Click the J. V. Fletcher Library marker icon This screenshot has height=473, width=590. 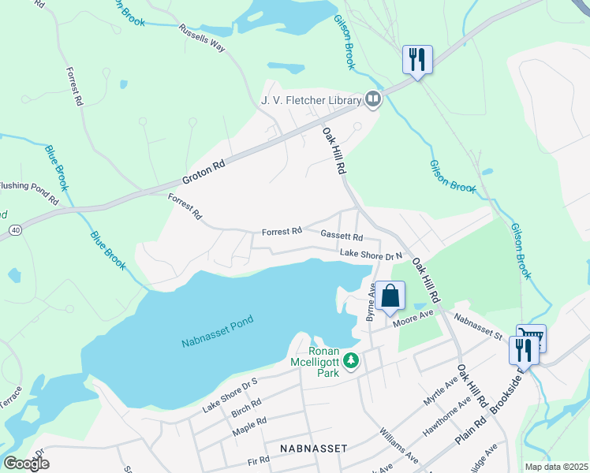[372, 99]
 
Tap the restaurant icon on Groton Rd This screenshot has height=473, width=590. [417, 59]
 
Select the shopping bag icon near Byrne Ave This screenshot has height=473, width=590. [390, 296]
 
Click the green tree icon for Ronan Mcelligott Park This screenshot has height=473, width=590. [351, 362]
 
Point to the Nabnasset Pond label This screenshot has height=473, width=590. [217, 341]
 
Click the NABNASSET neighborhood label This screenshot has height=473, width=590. [313, 448]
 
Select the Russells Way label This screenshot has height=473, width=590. [203, 36]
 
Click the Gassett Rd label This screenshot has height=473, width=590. [342, 236]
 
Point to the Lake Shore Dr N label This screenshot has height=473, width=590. [371, 254]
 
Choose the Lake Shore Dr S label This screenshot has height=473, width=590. [230, 395]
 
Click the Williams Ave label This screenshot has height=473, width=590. [398, 445]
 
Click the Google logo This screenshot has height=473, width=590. [26, 464]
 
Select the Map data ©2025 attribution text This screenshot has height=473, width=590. [556, 467]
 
